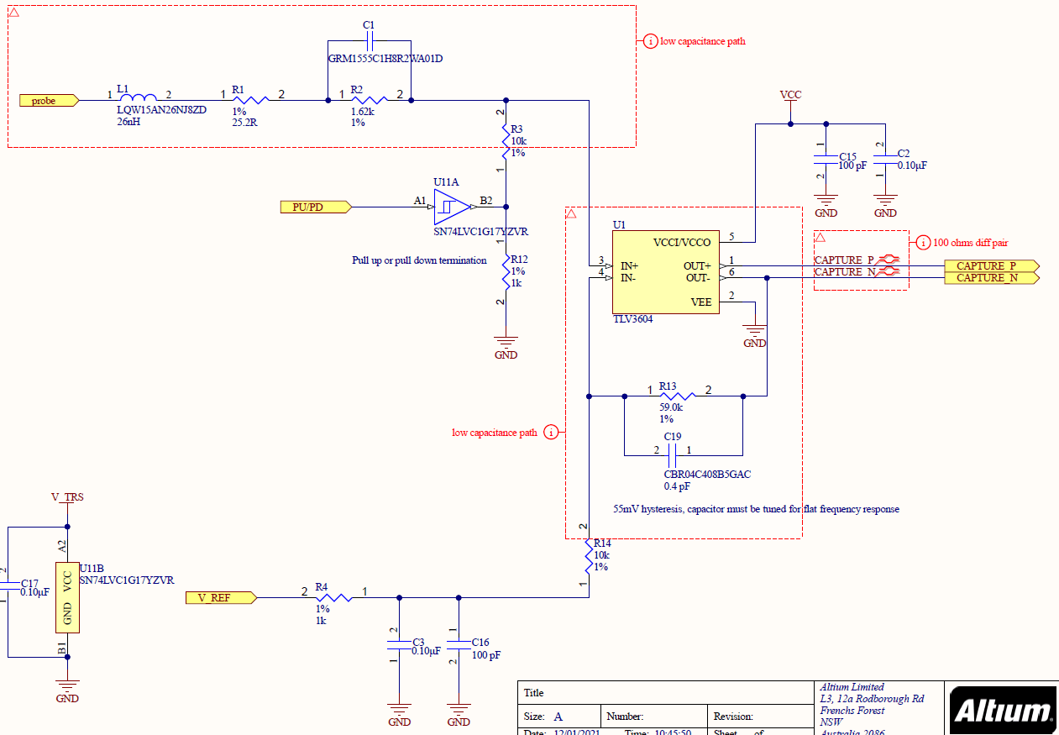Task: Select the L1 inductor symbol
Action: (x=139, y=98)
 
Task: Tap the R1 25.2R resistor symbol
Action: (x=250, y=100)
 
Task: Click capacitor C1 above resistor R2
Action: (x=369, y=41)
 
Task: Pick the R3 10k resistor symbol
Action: (x=506, y=140)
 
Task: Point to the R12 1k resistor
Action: (x=506, y=271)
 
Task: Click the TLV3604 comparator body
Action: (x=664, y=272)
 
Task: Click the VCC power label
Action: (x=790, y=95)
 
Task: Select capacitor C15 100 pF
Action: (x=826, y=160)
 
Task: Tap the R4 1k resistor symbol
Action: (x=334, y=598)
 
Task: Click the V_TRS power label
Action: (x=67, y=497)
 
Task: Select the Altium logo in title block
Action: (x=1003, y=711)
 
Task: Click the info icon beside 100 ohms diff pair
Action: (x=923, y=243)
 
